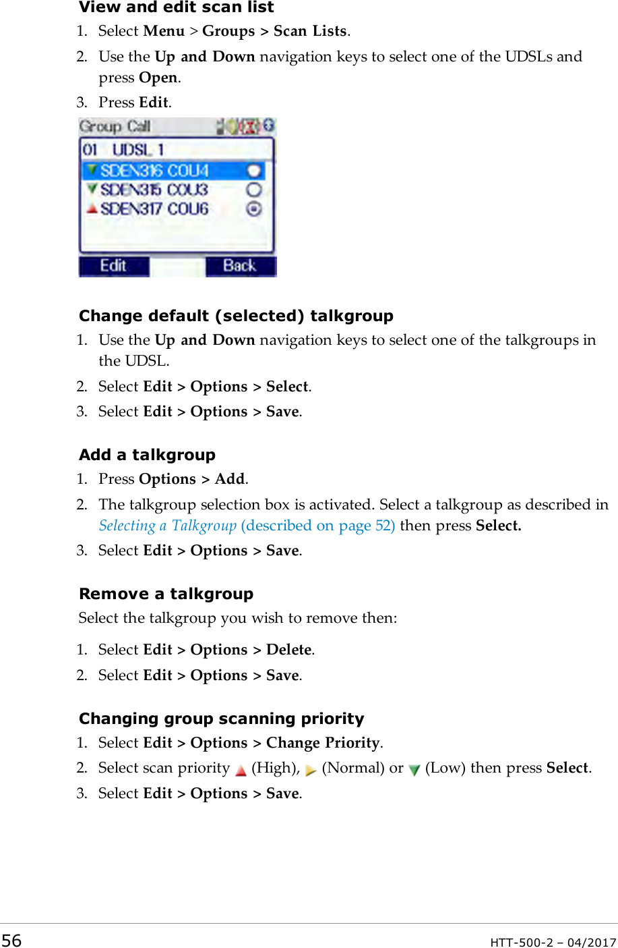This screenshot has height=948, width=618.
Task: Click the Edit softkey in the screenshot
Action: pyautogui.click(x=113, y=266)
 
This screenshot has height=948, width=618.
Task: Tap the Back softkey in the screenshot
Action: pyautogui.click(x=240, y=266)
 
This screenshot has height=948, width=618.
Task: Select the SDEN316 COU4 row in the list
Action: pyautogui.click(x=154, y=171)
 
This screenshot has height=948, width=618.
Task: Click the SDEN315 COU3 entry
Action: pyautogui.click(x=154, y=190)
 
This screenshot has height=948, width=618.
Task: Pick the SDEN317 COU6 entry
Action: pyautogui.click(x=154, y=209)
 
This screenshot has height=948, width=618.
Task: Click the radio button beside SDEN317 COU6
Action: pyautogui.click(x=253, y=209)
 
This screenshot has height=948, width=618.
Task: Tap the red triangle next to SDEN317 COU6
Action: pyautogui.click(x=92, y=209)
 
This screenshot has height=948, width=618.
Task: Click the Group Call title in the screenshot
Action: pyautogui.click(x=115, y=126)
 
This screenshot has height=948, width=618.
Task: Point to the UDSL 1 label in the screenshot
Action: pyautogui.click(x=137, y=150)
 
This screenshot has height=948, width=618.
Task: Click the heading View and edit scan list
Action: pyautogui.click(x=176, y=7)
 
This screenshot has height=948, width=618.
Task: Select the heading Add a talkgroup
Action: pyautogui.click(x=147, y=455)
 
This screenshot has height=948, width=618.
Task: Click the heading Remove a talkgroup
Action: pyautogui.click(x=166, y=594)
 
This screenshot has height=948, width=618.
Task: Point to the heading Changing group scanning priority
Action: pyautogui.click(x=221, y=719)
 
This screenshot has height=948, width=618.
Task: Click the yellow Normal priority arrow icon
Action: pyautogui.click(x=311, y=770)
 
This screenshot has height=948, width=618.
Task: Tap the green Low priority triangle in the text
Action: pyautogui.click(x=414, y=770)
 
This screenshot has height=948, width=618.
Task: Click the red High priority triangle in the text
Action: pyautogui.click(x=241, y=770)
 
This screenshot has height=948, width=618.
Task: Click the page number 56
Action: pyautogui.click(x=11, y=941)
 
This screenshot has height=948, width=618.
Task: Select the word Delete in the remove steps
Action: pyautogui.click(x=289, y=650)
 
